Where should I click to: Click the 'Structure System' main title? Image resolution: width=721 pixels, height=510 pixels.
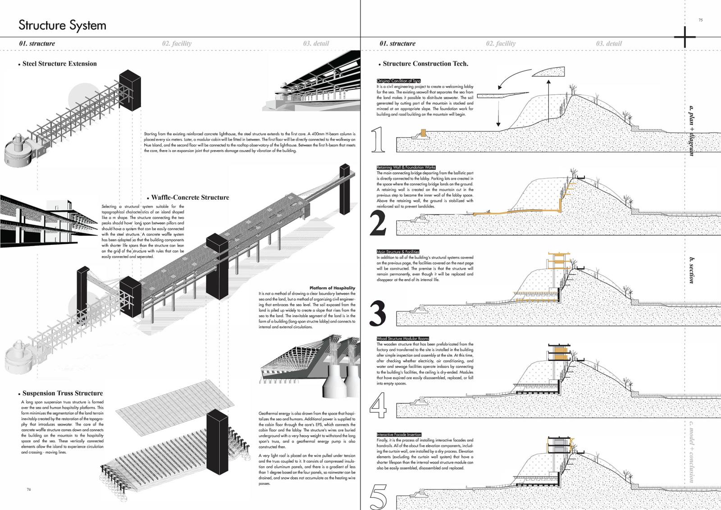(62, 25)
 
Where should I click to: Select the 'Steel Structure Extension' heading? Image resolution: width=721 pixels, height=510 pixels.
(59, 64)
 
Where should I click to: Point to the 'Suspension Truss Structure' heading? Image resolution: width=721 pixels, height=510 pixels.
(63, 393)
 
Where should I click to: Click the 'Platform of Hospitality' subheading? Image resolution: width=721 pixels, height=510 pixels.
(332, 288)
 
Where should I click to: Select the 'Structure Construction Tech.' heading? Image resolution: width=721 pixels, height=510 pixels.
(425, 64)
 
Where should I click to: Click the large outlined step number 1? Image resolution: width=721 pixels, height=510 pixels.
(378, 139)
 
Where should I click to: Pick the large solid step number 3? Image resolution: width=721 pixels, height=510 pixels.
(378, 313)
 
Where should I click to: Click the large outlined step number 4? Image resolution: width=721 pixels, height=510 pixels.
(378, 404)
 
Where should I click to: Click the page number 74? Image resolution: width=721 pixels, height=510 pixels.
(29, 489)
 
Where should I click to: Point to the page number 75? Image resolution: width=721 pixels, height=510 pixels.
(701, 20)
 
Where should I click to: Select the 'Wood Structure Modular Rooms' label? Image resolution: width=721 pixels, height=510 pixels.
(403, 338)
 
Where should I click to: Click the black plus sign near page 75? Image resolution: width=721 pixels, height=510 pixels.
(685, 37)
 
